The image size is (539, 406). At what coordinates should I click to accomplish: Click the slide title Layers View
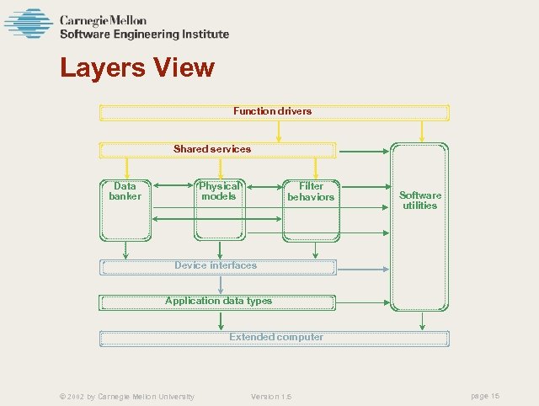(x=137, y=67)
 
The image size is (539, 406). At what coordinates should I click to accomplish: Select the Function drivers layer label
(x=272, y=111)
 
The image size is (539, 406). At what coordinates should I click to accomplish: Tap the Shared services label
(x=212, y=149)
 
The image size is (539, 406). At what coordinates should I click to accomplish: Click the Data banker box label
(x=125, y=191)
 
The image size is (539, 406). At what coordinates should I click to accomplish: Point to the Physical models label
(x=219, y=191)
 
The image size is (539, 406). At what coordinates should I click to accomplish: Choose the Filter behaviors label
(x=311, y=191)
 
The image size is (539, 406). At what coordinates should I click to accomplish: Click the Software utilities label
(x=419, y=200)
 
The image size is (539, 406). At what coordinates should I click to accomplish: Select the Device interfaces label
(x=216, y=265)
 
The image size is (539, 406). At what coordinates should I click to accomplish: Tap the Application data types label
(x=218, y=301)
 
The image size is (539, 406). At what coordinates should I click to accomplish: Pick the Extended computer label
(x=276, y=337)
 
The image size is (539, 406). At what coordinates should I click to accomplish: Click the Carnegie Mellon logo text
(x=103, y=20)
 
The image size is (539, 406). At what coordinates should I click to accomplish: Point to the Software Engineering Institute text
(x=144, y=35)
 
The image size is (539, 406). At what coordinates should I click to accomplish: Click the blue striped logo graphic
(x=29, y=24)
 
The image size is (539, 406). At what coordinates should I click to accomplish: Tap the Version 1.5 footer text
(x=271, y=396)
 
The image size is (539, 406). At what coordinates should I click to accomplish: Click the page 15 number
(x=485, y=396)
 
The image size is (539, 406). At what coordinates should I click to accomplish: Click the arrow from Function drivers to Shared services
(x=279, y=131)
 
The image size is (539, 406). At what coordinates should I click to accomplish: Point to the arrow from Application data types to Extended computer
(x=221, y=320)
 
